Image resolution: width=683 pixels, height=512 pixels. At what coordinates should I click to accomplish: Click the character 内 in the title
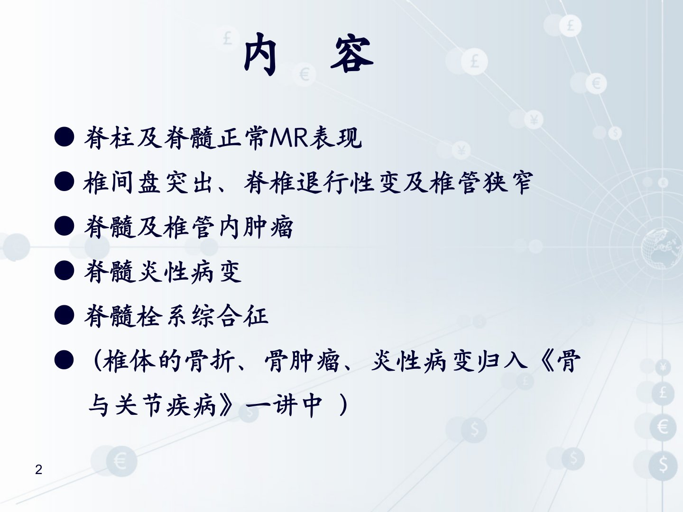click(x=260, y=54)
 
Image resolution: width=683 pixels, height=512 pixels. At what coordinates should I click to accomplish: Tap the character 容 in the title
click(x=352, y=54)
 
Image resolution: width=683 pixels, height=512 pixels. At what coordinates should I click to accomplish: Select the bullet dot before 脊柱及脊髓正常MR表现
click(x=64, y=137)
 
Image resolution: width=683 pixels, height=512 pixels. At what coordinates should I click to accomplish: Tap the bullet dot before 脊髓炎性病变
click(x=64, y=270)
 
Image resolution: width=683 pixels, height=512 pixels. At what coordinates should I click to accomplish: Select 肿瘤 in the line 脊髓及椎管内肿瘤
click(x=268, y=227)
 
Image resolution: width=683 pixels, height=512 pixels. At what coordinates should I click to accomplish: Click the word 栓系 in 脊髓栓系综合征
click(x=163, y=315)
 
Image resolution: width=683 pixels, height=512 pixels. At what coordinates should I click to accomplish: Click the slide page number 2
click(x=38, y=469)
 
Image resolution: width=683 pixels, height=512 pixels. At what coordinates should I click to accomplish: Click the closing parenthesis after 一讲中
click(x=342, y=405)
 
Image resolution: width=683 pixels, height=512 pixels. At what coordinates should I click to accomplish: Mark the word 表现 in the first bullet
click(x=336, y=137)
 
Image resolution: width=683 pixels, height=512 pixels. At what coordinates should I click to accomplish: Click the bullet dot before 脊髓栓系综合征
click(x=64, y=315)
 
